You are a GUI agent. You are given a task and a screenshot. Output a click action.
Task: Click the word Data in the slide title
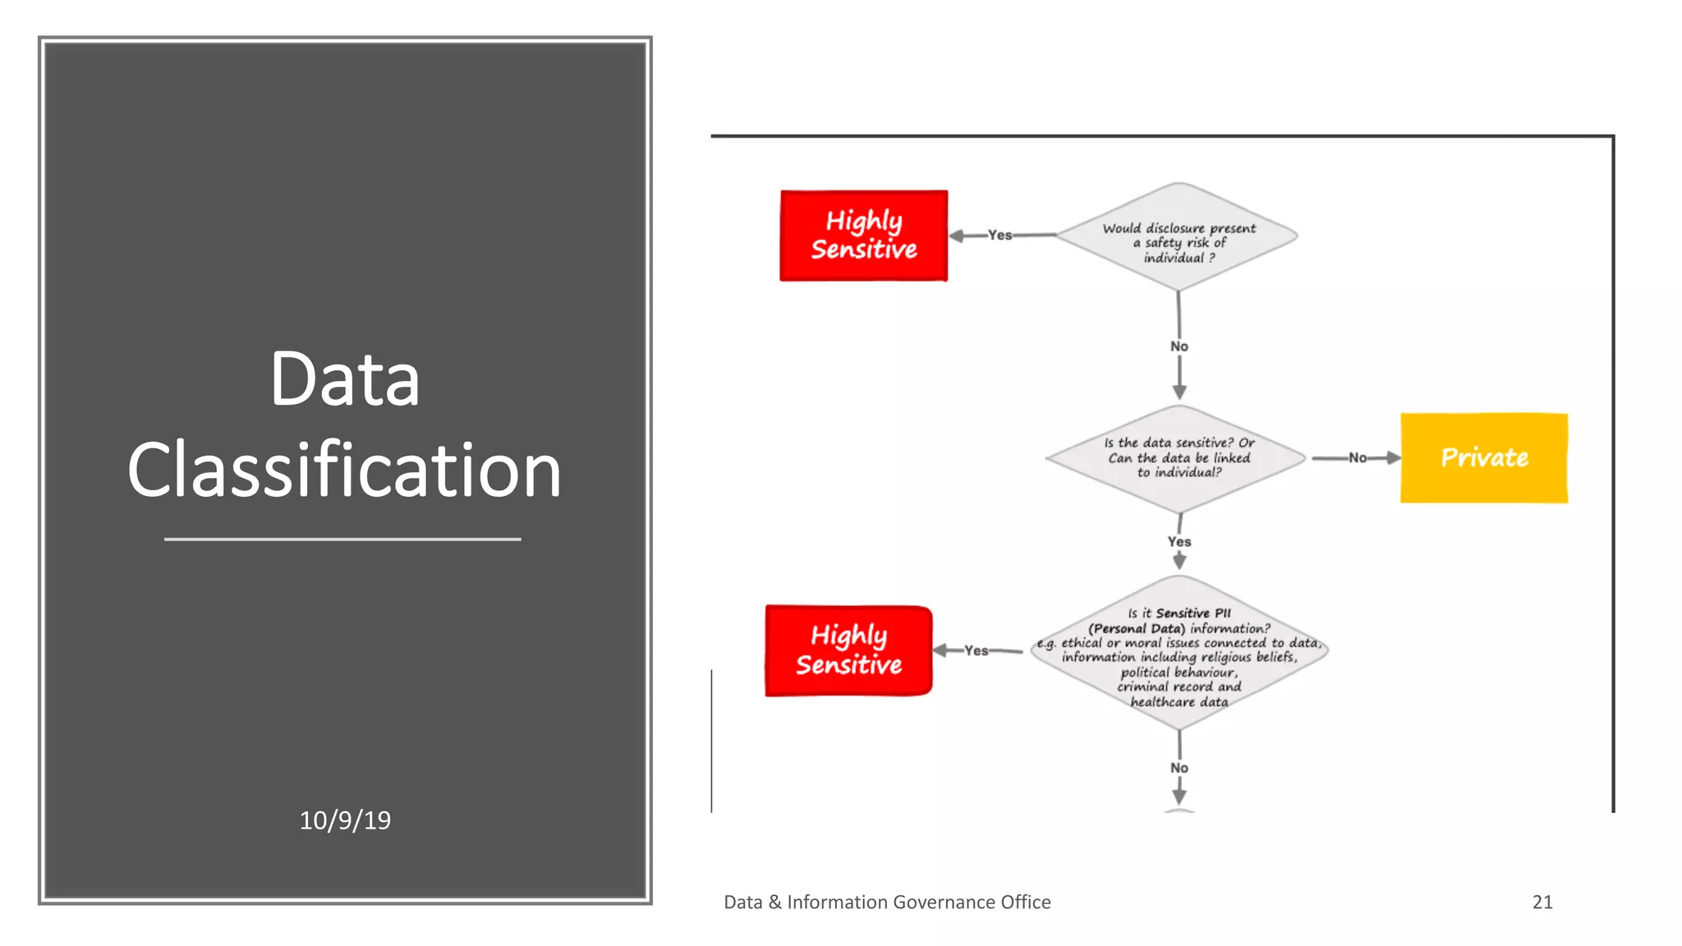point(344,379)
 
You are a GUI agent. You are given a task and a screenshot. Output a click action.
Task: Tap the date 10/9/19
point(345,820)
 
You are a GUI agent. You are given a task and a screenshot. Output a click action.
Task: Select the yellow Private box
point(1483,457)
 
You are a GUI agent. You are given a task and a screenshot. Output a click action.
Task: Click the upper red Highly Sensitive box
point(863,236)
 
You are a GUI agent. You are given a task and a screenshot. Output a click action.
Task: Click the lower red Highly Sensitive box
point(848,650)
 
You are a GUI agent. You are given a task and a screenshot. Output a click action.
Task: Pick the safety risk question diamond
point(1179,236)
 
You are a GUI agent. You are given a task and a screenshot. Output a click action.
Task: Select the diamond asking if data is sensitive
point(1179,457)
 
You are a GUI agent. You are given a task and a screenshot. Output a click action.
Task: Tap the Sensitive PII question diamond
point(1179,653)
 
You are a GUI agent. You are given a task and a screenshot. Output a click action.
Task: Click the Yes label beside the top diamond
point(1000,235)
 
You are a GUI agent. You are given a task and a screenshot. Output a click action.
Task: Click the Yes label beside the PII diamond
point(976,650)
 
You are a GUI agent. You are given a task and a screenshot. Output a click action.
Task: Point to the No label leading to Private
point(1358,457)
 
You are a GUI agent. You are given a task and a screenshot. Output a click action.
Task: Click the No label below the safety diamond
point(1179,347)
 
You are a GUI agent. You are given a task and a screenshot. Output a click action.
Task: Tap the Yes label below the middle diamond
point(1179,541)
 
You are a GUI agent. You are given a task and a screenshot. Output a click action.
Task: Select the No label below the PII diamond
point(1179,768)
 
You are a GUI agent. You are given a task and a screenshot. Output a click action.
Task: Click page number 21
point(1542,902)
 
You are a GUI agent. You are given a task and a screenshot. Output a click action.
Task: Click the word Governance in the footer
point(943,902)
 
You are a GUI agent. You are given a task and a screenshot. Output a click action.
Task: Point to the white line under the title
point(342,539)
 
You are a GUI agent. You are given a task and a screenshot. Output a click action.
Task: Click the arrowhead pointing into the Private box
point(1393,457)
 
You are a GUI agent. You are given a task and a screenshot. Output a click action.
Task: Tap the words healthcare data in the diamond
point(1179,702)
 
